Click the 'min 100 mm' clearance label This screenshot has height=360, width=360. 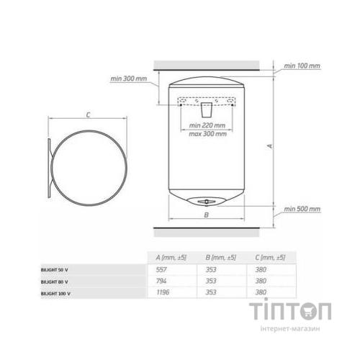click(x=302, y=66)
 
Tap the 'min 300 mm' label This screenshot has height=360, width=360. click(x=128, y=78)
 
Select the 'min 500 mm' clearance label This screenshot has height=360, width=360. click(x=302, y=209)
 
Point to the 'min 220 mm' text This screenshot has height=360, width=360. click(x=207, y=125)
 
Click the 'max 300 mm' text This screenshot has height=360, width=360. click(x=207, y=134)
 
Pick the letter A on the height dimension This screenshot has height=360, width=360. click(x=270, y=146)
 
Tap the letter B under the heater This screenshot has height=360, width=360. click(x=206, y=215)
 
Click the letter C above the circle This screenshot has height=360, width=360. click(x=88, y=115)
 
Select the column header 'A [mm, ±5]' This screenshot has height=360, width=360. click(x=171, y=258)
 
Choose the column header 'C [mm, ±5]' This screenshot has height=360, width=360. click(x=270, y=258)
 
